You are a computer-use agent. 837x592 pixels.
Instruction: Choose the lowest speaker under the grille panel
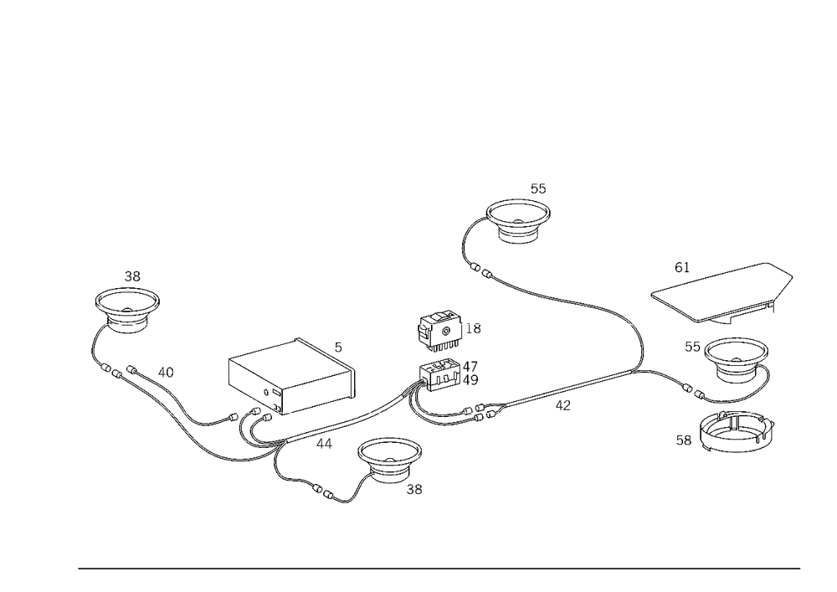point(736,432)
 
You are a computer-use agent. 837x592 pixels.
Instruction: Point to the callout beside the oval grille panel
point(681,268)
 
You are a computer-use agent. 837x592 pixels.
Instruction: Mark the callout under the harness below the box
point(321,441)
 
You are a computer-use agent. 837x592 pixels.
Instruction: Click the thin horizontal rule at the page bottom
point(439,568)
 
